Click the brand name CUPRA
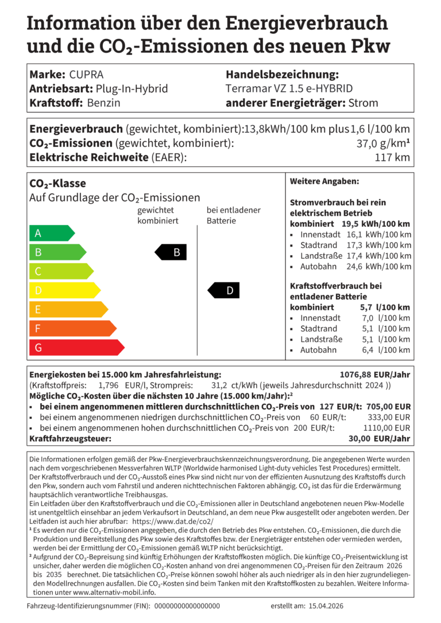point(86,75)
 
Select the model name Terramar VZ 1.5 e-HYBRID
point(289,89)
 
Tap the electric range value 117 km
point(394,157)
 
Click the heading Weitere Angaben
point(324,181)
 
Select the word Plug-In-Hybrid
point(132,89)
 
